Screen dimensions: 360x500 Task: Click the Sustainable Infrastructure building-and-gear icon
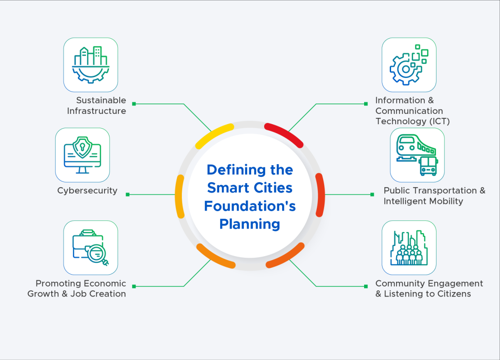(90, 65)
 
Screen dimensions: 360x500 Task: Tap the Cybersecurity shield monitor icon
(82, 155)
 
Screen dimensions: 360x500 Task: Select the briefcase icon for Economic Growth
(90, 247)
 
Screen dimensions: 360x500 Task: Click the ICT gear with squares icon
(409, 65)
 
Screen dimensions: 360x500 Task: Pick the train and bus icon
(417, 155)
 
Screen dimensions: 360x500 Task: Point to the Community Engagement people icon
(409, 247)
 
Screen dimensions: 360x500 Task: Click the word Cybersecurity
(87, 191)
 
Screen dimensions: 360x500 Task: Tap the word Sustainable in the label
(101, 100)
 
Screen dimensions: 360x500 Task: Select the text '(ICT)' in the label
(439, 121)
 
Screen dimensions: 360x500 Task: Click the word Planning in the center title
(250, 224)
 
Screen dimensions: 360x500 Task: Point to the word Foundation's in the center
(250, 206)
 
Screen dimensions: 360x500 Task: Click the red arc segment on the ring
(284, 135)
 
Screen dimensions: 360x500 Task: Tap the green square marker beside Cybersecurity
(128, 194)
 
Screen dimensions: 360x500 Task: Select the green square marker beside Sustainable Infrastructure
(134, 104)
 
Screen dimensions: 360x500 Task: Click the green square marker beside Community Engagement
(366, 286)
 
